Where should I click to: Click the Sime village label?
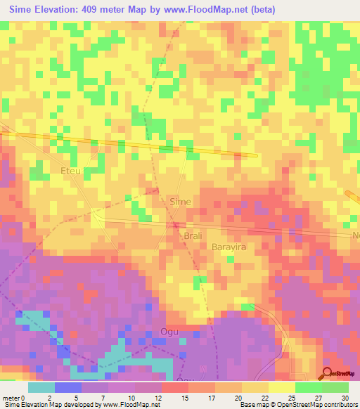(181, 201)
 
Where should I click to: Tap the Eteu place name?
(71, 171)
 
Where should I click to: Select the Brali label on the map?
(192, 235)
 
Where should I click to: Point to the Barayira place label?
(231, 247)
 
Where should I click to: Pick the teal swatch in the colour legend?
(41, 387)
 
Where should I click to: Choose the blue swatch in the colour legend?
(68, 387)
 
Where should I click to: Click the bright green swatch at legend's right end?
(335, 387)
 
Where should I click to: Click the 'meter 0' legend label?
(14, 398)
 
